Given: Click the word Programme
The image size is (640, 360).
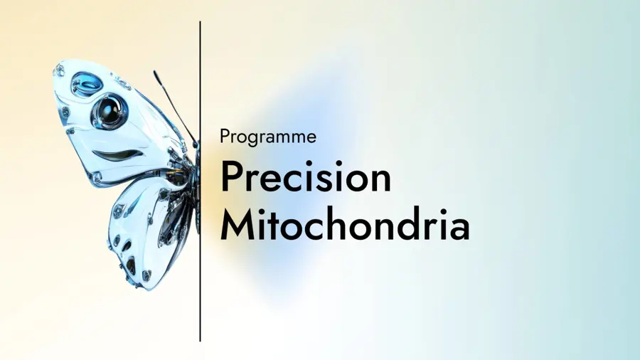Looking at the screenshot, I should [x=268, y=137].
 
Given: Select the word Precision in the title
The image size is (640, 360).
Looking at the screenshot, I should [x=306, y=177].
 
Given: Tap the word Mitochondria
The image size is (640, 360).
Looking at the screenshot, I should [x=345, y=226].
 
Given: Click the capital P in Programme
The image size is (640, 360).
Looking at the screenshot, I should [x=225, y=136].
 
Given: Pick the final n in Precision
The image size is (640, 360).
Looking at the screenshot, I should [x=380, y=181].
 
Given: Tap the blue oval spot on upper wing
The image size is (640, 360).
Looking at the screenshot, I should [x=87, y=84].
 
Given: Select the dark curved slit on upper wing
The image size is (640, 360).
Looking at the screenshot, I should [x=114, y=154].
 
